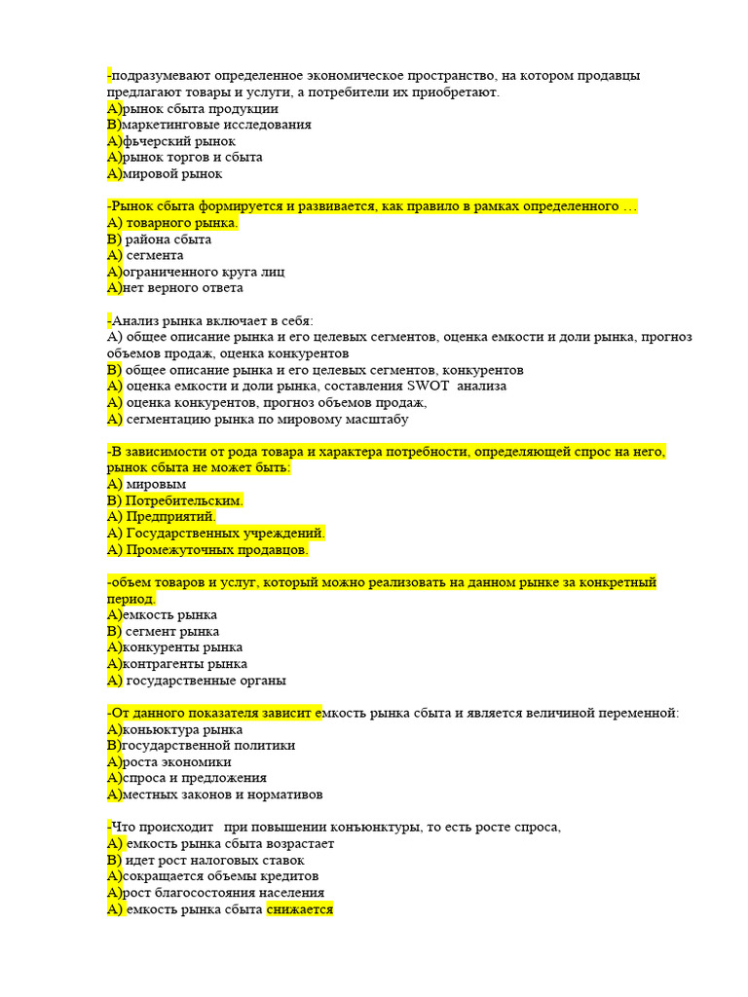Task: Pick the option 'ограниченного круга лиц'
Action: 204,272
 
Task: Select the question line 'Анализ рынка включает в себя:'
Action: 213,320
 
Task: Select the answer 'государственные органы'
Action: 206,681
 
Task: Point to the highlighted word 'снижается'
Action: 300,909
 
